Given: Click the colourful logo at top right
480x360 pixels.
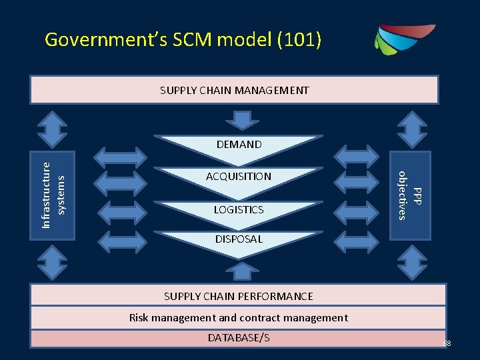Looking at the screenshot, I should [404, 39].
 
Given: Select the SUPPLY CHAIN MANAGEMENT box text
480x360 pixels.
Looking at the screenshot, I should [235, 90].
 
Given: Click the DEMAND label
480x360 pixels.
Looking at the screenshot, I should [239, 144].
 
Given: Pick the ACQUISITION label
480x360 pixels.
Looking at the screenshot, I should [239, 177].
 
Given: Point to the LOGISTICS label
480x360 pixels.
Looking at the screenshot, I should [239, 209].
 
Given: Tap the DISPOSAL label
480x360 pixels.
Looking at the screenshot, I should [239, 239].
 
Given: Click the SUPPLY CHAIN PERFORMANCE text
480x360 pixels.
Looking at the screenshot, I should [238, 296].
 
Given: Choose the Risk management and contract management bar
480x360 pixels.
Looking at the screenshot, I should [238, 318].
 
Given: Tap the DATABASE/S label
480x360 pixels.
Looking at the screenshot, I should [238, 338].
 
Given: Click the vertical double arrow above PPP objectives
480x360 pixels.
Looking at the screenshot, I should [410, 129].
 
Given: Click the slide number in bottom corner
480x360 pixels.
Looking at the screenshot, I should [447, 343].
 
